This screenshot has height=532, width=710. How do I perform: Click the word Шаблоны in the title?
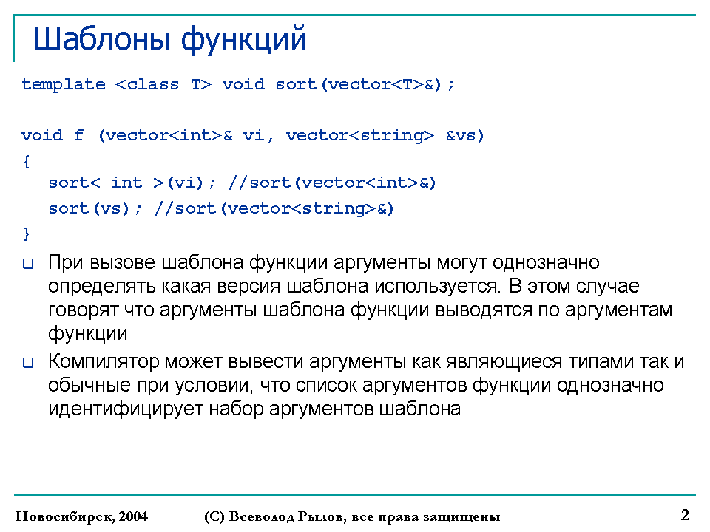(x=101, y=39)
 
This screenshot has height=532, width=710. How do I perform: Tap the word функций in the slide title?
(x=244, y=40)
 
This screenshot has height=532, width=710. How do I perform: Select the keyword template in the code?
(x=64, y=84)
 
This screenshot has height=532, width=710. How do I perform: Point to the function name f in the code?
(x=79, y=134)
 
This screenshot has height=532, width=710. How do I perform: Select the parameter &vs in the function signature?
(x=461, y=135)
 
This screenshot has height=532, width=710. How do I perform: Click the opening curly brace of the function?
(x=27, y=162)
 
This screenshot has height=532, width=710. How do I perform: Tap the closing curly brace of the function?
(x=27, y=234)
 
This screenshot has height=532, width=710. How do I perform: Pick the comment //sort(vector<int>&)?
(x=332, y=183)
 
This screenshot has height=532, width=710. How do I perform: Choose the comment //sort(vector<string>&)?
(x=274, y=208)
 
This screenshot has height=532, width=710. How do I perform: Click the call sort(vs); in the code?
(x=95, y=208)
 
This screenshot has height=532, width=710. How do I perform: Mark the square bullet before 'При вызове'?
(x=28, y=264)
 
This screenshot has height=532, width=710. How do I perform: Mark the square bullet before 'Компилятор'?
(x=28, y=362)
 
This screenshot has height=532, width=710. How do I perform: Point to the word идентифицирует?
(x=126, y=409)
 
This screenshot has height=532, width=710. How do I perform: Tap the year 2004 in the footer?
(x=133, y=516)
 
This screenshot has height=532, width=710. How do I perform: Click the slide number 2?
(x=685, y=515)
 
